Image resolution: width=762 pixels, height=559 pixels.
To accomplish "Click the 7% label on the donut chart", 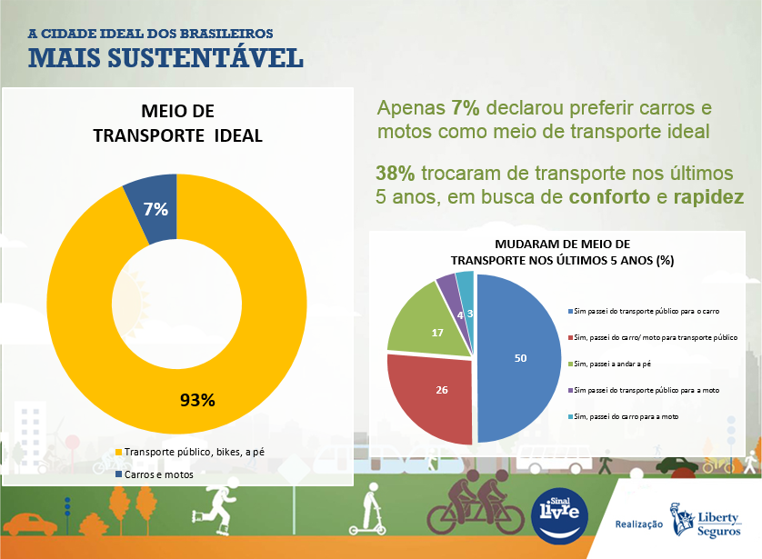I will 155,209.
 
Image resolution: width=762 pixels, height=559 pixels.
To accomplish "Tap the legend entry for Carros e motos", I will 158,474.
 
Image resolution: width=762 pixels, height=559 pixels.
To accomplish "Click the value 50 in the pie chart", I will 520,358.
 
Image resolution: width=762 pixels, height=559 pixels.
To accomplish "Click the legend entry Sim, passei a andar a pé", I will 612,364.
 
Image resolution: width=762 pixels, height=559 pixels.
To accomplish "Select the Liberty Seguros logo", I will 706,522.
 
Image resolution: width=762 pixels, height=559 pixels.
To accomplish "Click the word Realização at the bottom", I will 639,524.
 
